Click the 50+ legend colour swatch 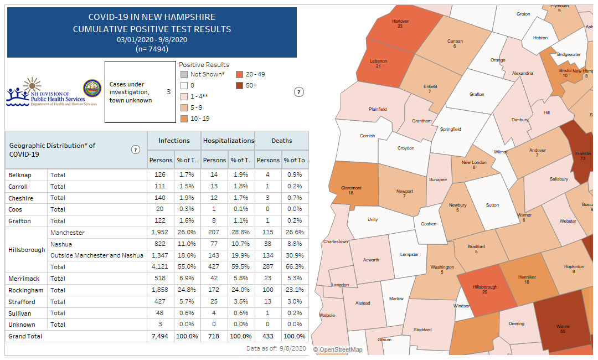(x=239, y=85)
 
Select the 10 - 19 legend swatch (x=184, y=119)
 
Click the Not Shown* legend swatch (x=184, y=74)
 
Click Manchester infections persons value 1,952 (x=160, y=233)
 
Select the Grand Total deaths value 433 (x=269, y=336)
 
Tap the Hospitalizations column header (x=228, y=141)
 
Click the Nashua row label (x=60, y=244)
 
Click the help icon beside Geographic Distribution (x=135, y=150)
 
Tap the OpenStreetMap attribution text (x=338, y=349)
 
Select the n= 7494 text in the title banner (x=152, y=49)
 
